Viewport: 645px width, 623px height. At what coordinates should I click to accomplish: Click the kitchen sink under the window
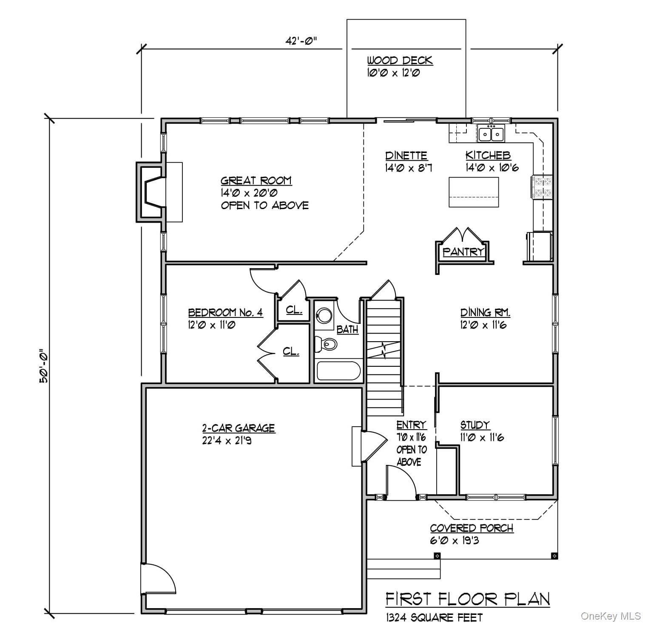pos(491,134)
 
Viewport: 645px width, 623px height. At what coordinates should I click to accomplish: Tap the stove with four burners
pos(542,187)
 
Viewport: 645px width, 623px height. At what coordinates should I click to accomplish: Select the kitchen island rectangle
pos(474,192)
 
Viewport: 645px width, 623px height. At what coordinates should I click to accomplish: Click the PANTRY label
pos(463,252)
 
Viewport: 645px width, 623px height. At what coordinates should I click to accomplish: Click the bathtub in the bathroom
pos(339,371)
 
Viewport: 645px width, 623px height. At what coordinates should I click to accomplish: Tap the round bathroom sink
pos(325,316)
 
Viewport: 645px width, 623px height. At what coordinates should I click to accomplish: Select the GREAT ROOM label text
pos(256,181)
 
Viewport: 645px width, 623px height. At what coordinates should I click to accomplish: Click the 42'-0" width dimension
pos(301,41)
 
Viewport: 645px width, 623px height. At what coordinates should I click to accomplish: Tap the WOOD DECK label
pos(400,60)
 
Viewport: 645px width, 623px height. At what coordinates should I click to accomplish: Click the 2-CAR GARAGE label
pos(238,428)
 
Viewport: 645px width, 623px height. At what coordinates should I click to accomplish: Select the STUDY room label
pos(475,425)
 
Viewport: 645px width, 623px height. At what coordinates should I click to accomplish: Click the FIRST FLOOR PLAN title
pos(467,599)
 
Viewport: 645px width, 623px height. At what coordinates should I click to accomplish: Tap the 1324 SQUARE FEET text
pos(434,617)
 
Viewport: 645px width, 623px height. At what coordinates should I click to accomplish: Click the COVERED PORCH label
pos(472,528)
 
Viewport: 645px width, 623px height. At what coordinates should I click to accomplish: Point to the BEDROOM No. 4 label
pos(225,313)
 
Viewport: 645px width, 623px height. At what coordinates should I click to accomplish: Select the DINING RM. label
pos(485,313)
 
